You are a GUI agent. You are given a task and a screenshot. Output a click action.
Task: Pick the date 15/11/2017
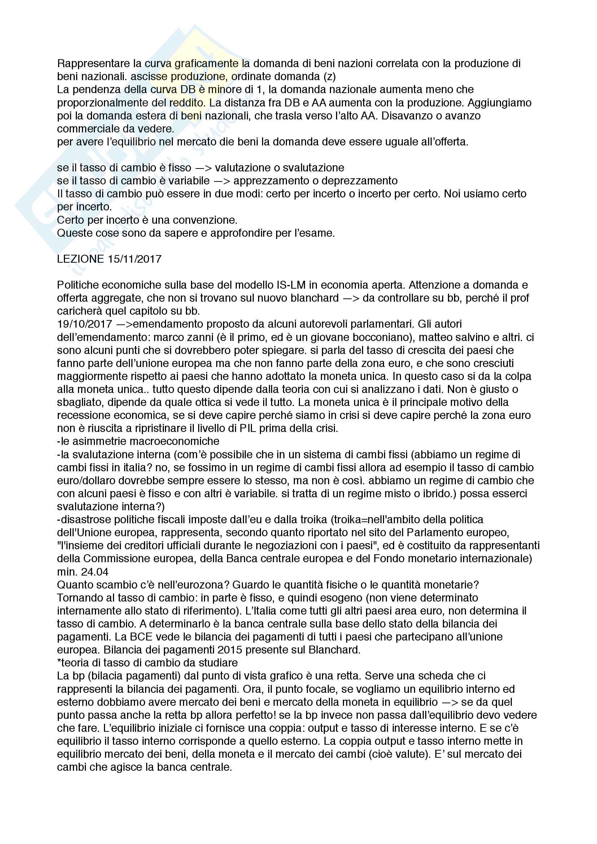coord(135,259)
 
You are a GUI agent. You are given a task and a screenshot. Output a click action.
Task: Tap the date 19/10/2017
coord(84,324)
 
